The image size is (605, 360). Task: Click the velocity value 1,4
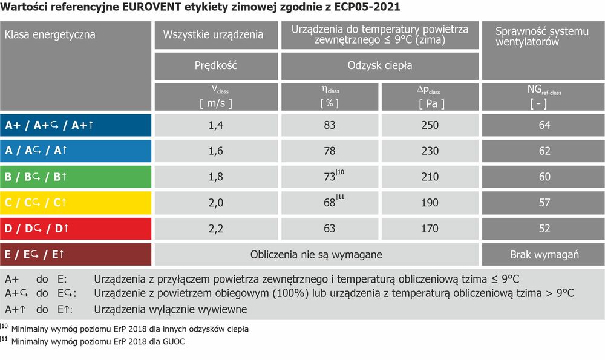click(x=216, y=125)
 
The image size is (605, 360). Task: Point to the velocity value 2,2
click(x=216, y=229)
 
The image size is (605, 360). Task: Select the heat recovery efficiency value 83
click(x=329, y=125)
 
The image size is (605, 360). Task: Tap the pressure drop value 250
click(x=430, y=125)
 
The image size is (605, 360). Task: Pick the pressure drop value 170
click(x=430, y=229)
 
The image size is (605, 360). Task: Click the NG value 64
click(x=544, y=125)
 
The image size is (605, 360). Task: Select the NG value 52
click(x=544, y=229)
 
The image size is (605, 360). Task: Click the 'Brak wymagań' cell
click(x=544, y=255)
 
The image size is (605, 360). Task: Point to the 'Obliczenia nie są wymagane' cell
click(x=316, y=255)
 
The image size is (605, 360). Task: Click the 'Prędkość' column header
click(x=216, y=66)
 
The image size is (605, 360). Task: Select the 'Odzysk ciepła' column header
click(x=380, y=66)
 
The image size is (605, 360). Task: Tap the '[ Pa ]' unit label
click(x=431, y=103)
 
